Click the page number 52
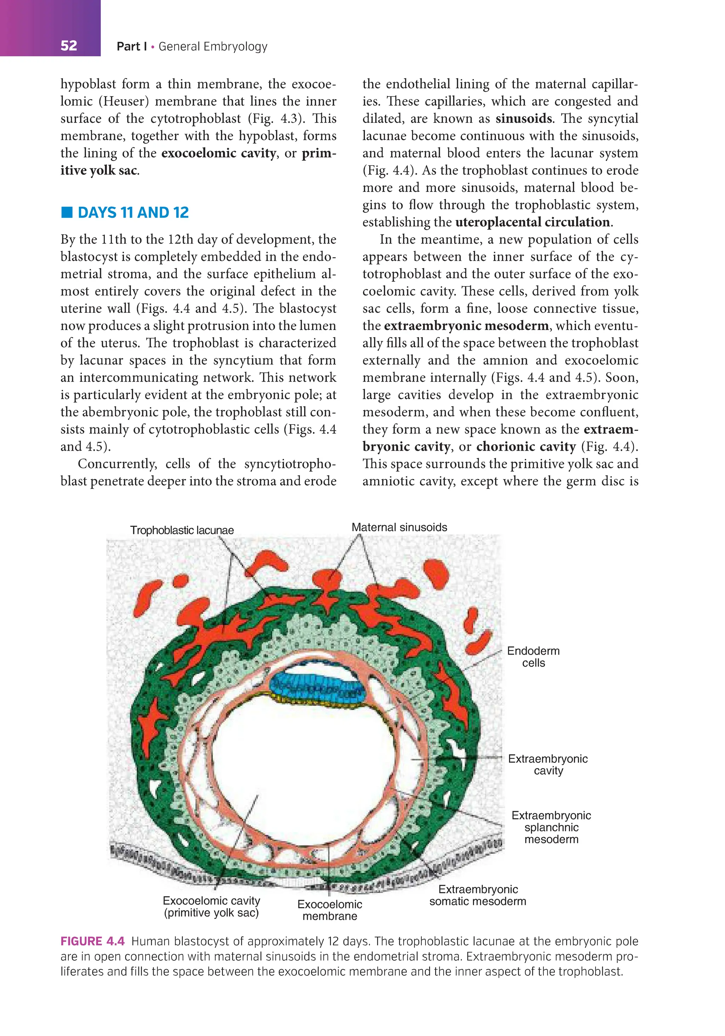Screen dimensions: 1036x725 tap(69, 46)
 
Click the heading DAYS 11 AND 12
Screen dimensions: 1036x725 tap(133, 212)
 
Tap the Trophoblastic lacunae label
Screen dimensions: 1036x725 tap(182, 530)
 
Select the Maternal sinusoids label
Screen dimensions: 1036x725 tap(399, 527)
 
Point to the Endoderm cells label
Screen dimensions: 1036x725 tap(533, 657)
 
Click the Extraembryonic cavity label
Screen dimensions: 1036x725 tap(548, 765)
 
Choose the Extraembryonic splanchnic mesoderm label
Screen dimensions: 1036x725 tap(551, 827)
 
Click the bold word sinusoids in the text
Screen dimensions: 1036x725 tap(523, 119)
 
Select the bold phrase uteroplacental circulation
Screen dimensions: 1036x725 tap(533, 222)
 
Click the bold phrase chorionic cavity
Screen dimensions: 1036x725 tap(526, 447)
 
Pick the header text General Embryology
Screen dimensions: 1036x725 tap(213, 46)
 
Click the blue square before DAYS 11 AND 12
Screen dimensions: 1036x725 tap(67, 212)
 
